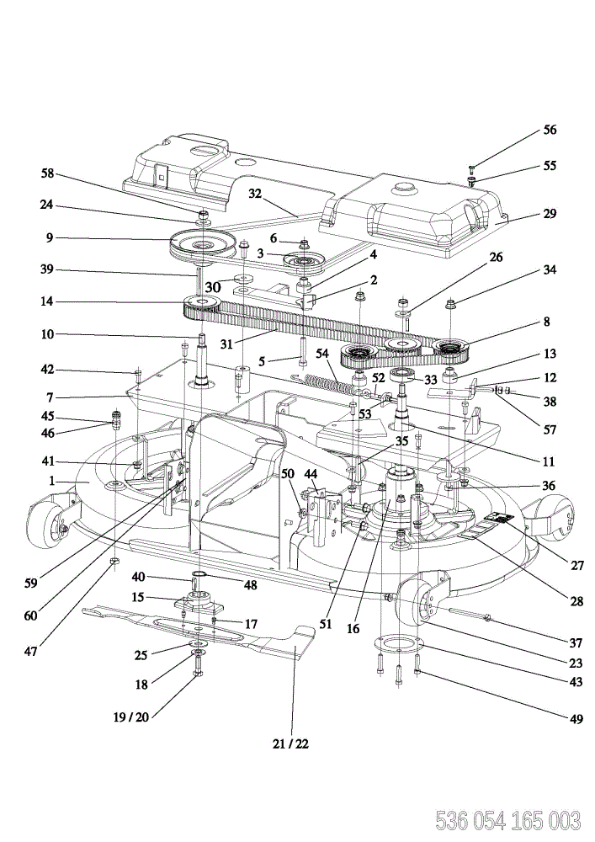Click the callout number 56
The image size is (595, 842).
click(x=550, y=130)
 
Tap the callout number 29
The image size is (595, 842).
click(x=550, y=213)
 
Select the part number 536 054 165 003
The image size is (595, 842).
click(x=507, y=821)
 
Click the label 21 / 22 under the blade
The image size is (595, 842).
click(x=290, y=743)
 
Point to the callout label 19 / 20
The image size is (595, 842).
click(x=131, y=717)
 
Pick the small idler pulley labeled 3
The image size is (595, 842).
click(x=302, y=262)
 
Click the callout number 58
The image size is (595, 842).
click(x=48, y=173)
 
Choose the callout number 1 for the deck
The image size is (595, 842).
click(x=52, y=481)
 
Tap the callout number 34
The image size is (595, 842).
click(x=550, y=269)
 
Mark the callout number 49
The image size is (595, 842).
click(x=576, y=718)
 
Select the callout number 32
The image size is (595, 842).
click(x=255, y=194)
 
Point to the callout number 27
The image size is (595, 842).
click(x=576, y=565)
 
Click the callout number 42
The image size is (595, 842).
click(x=48, y=370)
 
